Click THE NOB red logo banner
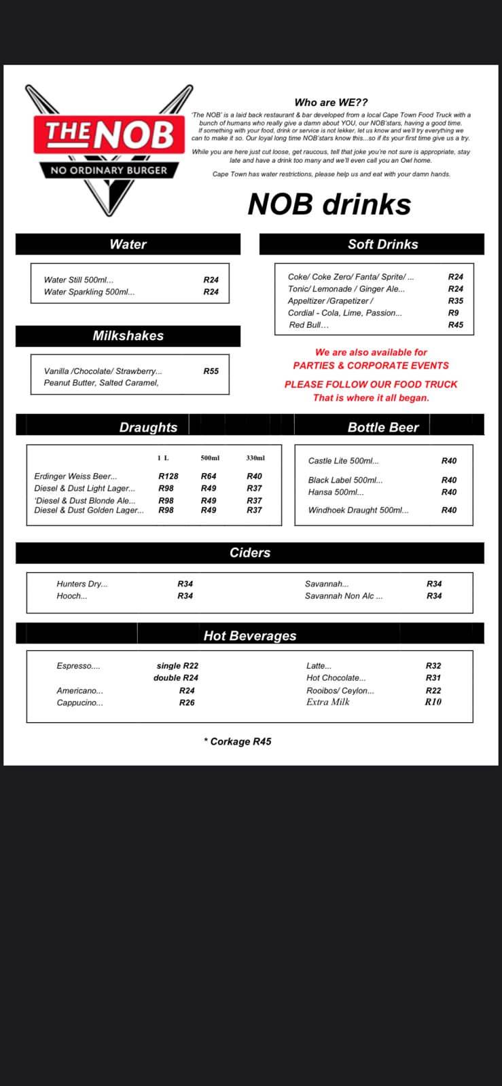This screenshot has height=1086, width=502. tap(109, 134)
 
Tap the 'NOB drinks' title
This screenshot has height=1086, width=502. tap(329, 204)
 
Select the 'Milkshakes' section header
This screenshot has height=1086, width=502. tap(128, 336)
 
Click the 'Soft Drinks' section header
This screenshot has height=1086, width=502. tap(382, 244)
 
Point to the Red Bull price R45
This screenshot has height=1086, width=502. tap(455, 325)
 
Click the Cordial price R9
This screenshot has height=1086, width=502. tap(453, 313)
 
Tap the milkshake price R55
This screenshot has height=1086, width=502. tap(211, 371)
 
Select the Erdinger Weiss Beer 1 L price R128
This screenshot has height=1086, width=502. tap(168, 476)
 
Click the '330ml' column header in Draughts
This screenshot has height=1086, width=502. tap(255, 458)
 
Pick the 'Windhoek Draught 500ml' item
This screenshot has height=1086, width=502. tap(358, 510)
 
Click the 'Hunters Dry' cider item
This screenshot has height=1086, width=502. tap(82, 584)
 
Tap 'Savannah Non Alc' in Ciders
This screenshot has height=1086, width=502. tap(343, 596)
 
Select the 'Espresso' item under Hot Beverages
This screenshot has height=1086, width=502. tap(78, 666)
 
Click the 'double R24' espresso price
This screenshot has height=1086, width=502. tap(176, 678)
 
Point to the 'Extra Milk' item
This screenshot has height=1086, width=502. tap(327, 703)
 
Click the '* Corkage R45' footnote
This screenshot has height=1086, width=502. tap(237, 742)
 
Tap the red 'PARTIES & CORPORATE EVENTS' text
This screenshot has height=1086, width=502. tap(371, 365)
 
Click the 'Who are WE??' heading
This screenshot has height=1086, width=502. tap(331, 102)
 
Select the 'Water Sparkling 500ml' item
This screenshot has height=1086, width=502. tap(89, 292)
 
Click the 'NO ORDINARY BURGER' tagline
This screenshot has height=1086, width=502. tap(109, 170)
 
